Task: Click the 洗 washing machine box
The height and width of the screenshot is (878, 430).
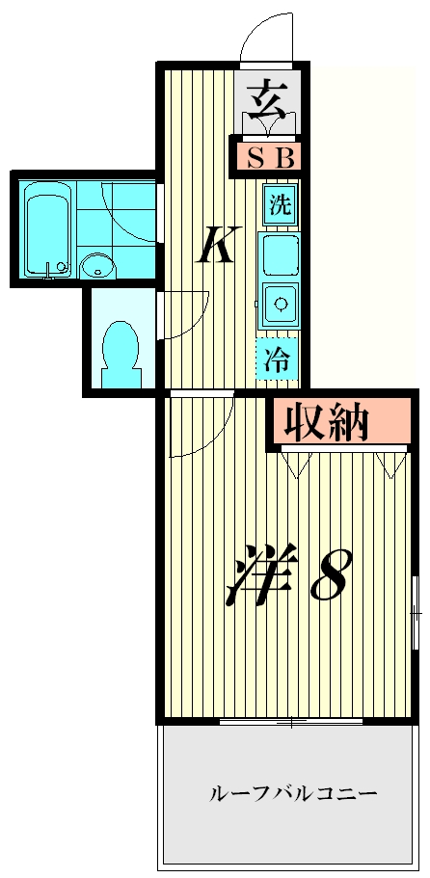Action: (280, 205)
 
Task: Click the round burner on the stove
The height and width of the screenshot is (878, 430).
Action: (281, 305)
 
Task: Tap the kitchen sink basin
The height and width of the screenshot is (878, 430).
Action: (280, 256)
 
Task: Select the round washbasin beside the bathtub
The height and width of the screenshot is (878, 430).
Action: (95, 264)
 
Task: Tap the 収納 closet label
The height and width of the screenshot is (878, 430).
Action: (328, 421)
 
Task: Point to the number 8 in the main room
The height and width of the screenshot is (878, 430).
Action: (329, 577)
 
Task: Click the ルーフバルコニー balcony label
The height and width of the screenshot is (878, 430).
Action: (293, 794)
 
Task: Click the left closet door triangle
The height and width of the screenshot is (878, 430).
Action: (296, 465)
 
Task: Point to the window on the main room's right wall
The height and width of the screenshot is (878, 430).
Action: (414, 612)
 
